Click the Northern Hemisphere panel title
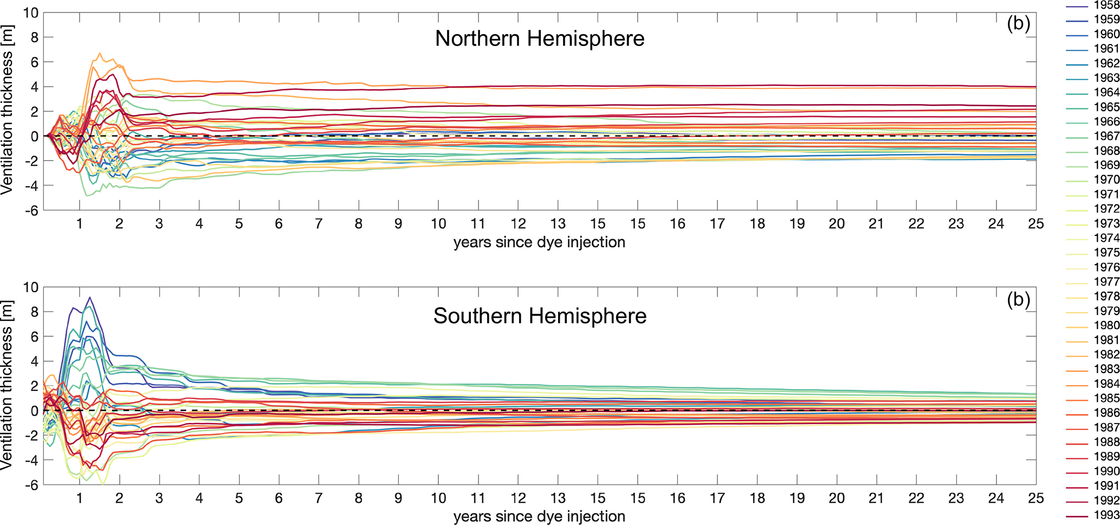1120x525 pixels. (x=540, y=39)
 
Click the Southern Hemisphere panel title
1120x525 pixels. (x=540, y=316)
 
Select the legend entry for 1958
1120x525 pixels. (x=1106, y=5)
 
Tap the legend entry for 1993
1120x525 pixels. (x=1106, y=515)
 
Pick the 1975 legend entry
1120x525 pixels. (x=1106, y=253)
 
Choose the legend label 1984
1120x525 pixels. (x=1106, y=384)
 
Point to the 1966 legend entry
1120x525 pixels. (x=1106, y=122)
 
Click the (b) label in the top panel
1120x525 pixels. (x=1018, y=24)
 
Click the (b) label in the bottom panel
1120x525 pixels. (x=1018, y=299)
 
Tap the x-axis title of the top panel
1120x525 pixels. (x=539, y=242)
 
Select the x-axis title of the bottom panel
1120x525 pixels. (x=539, y=516)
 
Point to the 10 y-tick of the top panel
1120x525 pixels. (x=31, y=12)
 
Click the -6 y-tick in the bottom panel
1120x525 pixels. (x=31, y=485)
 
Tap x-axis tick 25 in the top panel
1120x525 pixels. (x=1035, y=224)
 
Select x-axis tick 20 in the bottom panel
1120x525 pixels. (x=837, y=498)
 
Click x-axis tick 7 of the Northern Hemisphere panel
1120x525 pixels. (x=319, y=224)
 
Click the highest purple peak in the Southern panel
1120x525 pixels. (x=90, y=297)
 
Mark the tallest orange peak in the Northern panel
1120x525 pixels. (x=100, y=53)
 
